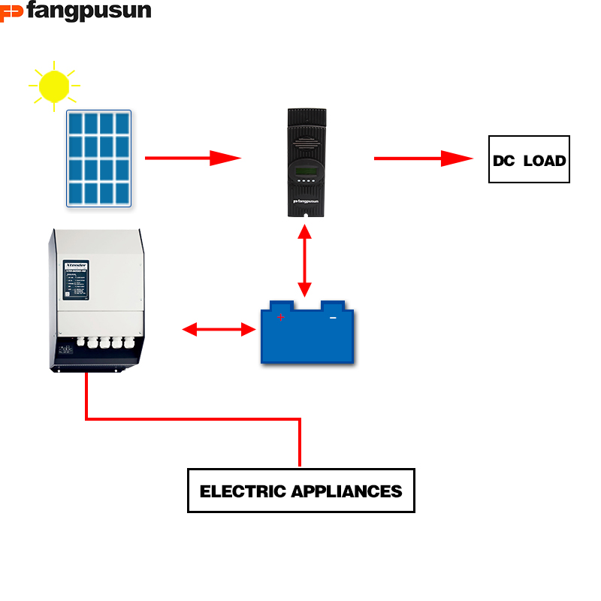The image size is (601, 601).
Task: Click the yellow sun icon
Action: (54, 86)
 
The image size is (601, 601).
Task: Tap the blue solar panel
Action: (98, 158)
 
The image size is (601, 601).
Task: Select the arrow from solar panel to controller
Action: (192, 158)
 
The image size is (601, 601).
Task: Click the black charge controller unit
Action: (307, 162)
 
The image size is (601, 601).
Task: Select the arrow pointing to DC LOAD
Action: (422, 159)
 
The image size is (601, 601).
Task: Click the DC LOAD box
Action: (529, 159)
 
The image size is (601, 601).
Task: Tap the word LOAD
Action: (545, 160)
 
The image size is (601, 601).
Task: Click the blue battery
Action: (307, 334)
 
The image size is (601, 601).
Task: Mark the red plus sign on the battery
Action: (281, 318)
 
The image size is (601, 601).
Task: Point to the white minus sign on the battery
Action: (333, 318)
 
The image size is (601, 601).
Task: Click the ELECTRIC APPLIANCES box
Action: (300, 491)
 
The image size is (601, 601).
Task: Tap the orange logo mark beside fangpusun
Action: (11, 12)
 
